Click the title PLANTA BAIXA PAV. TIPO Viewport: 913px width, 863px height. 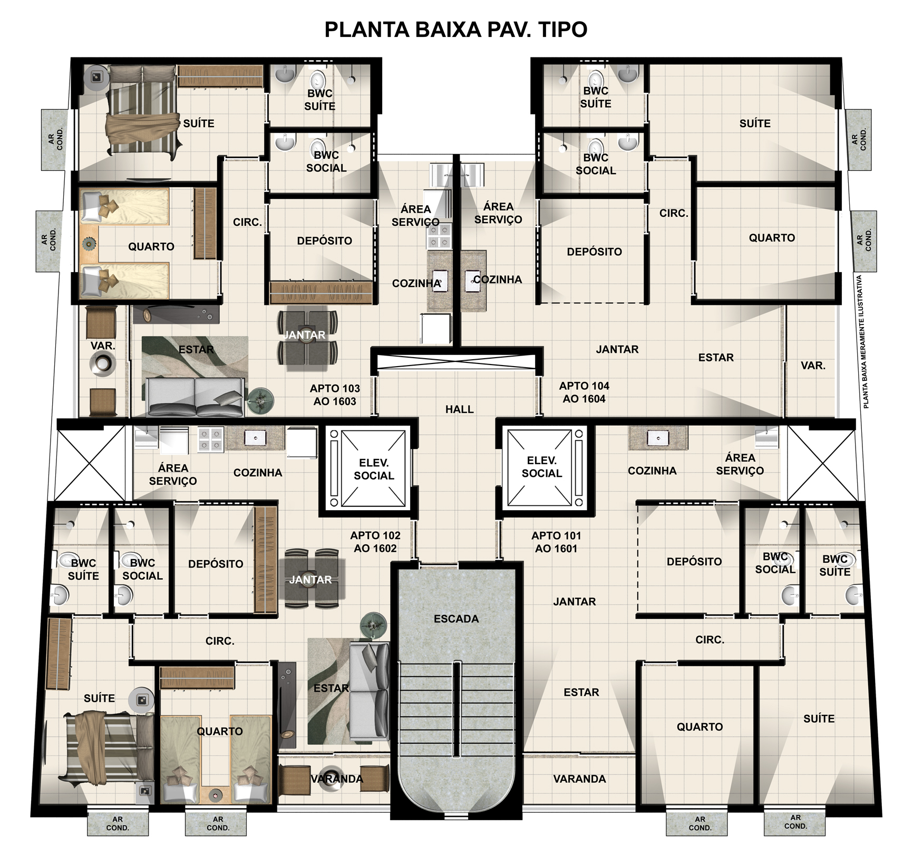(456, 30)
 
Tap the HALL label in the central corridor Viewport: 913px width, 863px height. (459, 409)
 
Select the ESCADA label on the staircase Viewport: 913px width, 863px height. (456, 619)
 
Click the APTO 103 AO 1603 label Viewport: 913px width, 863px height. (335, 395)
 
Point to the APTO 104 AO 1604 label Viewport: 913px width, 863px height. (584, 392)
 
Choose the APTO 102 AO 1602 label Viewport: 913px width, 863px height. (375, 542)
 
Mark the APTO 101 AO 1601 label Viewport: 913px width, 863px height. (556, 542)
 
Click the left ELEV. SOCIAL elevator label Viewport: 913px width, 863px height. (374, 469)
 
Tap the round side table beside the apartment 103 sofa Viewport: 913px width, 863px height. (260, 400)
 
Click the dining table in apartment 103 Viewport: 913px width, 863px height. (308, 338)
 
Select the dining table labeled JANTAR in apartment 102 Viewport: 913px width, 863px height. (311, 579)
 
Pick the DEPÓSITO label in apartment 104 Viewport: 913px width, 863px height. (594, 252)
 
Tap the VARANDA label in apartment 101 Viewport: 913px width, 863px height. (579, 779)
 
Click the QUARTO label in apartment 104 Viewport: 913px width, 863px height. (772, 238)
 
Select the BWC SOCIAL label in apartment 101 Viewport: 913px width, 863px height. (775, 563)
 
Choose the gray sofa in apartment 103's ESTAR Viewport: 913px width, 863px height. (194, 396)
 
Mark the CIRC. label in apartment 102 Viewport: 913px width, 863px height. (220, 641)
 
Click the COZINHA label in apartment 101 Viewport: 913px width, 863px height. (652, 471)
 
